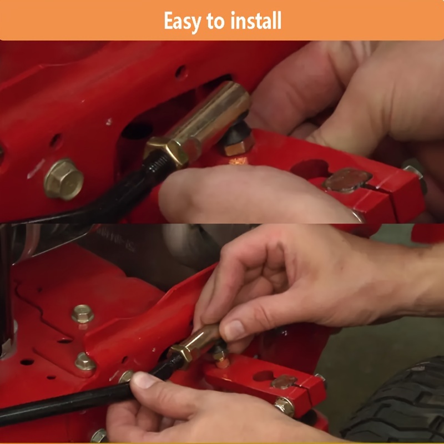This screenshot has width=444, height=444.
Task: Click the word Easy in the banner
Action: (x=182, y=21)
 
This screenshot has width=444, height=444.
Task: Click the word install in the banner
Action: (x=256, y=20)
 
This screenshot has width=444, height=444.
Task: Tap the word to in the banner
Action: (x=215, y=21)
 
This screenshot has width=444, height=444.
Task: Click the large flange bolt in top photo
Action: (x=63, y=179)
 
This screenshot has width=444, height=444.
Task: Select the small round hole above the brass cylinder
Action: (x=181, y=73)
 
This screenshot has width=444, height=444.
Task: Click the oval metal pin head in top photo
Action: (x=347, y=180)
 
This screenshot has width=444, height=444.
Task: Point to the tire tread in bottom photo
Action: (x=396, y=402)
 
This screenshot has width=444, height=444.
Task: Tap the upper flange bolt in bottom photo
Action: (x=82, y=314)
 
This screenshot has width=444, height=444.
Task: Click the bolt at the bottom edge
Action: (x=99, y=436)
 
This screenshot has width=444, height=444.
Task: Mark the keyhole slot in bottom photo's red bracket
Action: (x=263, y=376)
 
